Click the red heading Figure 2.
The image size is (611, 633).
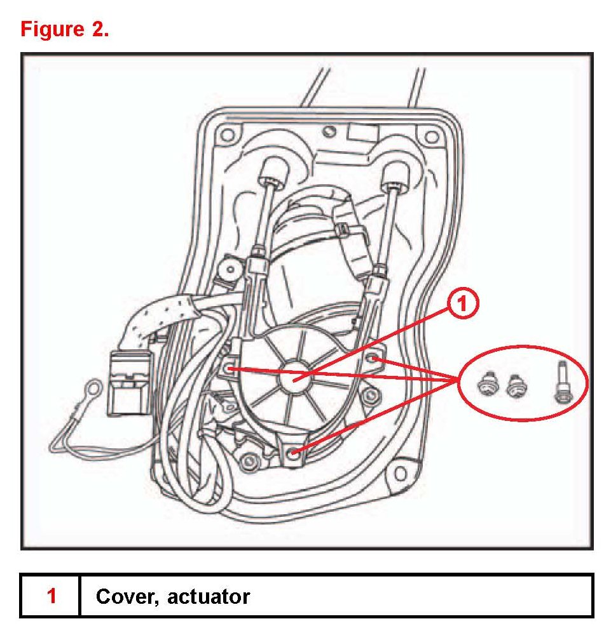pos(64,29)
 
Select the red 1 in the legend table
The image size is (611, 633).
pos(51,596)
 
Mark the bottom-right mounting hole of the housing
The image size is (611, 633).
pos(399,473)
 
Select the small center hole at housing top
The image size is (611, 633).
pos(329,131)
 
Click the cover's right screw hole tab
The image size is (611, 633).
pos(375,360)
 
